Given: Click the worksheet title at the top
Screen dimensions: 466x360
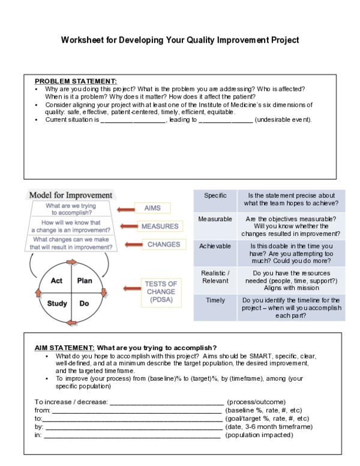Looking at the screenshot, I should point(180,41).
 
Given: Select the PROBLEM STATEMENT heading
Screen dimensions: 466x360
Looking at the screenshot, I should point(76,81).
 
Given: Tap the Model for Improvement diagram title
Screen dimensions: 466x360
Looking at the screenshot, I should point(71,195).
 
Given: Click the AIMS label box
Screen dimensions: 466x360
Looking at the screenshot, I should point(152,208).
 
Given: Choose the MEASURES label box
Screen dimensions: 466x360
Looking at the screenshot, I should point(159,226).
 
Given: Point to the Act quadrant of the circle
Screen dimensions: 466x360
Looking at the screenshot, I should point(57,280).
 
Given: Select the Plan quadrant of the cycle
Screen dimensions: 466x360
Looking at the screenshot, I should point(84,280).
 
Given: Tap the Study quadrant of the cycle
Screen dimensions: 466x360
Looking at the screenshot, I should point(57,303).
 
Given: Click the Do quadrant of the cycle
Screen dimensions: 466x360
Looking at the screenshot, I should point(84,303).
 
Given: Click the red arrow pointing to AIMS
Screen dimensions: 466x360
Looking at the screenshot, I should point(125,208).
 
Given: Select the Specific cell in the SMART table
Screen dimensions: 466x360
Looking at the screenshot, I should point(215,196).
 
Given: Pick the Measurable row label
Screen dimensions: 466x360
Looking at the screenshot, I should point(215,219).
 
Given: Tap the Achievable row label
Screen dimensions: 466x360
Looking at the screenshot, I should point(215,246).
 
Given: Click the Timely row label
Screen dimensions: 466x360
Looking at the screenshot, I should point(215,300).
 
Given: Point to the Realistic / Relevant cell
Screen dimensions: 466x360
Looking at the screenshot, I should point(215,277).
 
